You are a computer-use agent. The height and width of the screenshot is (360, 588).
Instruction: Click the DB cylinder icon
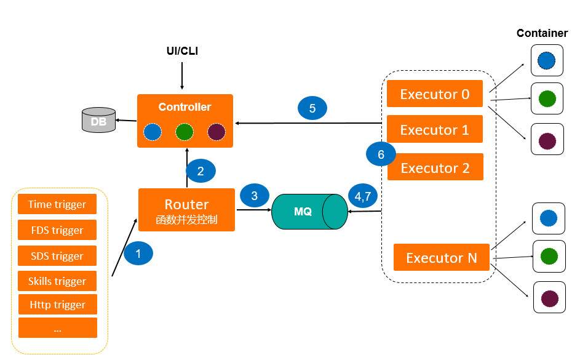point(98,120)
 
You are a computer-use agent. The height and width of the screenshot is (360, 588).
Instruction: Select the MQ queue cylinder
point(310,211)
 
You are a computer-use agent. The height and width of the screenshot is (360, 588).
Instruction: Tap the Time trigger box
point(57,204)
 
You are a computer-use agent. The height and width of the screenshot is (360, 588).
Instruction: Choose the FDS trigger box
point(57,230)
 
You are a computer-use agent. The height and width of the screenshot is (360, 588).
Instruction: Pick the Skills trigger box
point(57,281)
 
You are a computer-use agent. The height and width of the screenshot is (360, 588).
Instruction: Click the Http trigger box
point(58,304)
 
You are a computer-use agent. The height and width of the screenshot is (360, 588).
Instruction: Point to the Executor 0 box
point(435,94)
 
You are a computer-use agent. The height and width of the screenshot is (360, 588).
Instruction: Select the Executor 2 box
point(435,167)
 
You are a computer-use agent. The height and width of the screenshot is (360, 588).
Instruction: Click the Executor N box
point(442,257)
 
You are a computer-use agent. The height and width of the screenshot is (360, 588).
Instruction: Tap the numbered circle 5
point(312,108)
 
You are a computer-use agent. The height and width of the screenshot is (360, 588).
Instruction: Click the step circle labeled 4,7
point(363,196)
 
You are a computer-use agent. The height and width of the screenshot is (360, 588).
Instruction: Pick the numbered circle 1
point(138,254)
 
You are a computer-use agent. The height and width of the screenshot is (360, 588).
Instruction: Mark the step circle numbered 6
point(381,154)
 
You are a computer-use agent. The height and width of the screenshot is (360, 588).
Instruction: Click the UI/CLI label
point(182,50)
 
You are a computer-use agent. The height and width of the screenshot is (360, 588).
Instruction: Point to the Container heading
point(542,33)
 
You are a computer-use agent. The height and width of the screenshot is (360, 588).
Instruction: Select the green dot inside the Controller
point(185,132)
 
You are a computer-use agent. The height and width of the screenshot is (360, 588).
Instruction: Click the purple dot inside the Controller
point(217,132)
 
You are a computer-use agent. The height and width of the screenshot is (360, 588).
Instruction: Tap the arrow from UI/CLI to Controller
point(182,76)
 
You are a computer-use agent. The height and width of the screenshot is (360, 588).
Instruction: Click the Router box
point(187,209)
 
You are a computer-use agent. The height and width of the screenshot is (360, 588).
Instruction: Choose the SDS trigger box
point(57,255)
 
